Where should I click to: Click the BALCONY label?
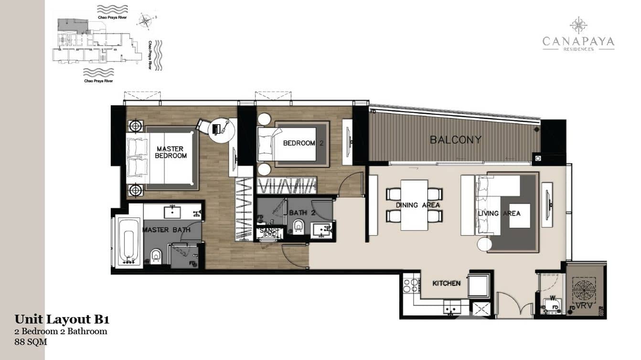coord(455,140)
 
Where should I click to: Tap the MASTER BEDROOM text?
coord(171,152)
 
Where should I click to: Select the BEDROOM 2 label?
coord(299,143)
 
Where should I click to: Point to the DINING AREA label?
coord(417,205)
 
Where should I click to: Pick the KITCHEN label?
coord(446,283)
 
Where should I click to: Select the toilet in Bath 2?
coord(299,225)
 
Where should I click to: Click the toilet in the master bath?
coord(156,256)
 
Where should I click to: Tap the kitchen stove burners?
coord(410,286)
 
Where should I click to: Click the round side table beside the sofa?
coord(484,244)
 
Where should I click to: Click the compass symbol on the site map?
coord(144,21)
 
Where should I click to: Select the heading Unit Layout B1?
coord(58,319)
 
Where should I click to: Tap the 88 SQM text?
coord(31,342)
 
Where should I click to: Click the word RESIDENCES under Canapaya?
coord(578,49)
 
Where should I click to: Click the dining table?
coord(414,204)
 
